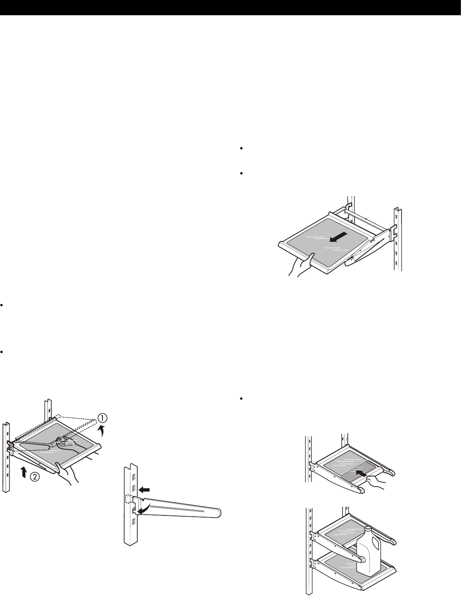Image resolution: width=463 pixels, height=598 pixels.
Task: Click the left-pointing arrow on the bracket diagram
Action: (145, 489)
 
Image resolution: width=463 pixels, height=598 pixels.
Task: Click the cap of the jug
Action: (368, 529)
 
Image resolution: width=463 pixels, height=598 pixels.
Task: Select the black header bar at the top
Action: (231, 8)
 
